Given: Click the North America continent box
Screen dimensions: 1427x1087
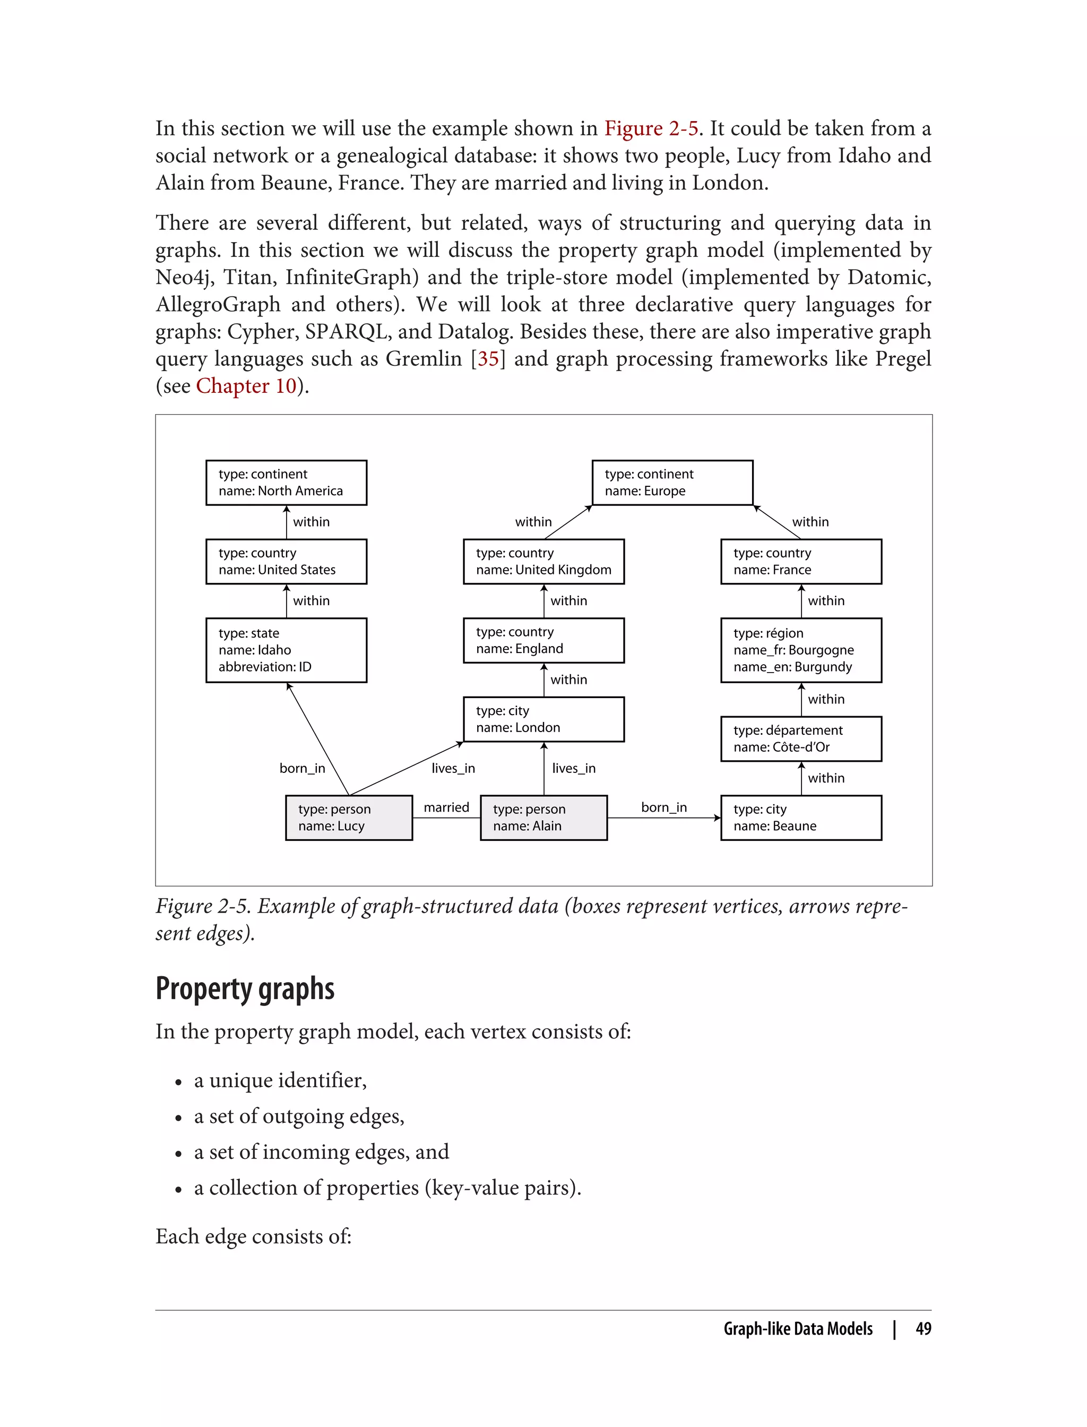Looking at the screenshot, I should point(286,483).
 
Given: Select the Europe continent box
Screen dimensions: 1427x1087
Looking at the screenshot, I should point(672,483).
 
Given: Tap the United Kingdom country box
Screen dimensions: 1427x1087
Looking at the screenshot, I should point(543,561).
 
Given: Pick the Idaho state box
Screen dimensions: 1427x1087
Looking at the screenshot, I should point(286,650).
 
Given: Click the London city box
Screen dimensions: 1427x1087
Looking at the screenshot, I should point(543,719).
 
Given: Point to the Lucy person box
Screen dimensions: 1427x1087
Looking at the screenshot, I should point(349,818).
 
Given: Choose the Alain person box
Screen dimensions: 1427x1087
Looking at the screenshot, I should point(543,818).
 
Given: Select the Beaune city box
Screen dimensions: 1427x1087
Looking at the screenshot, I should point(801,818).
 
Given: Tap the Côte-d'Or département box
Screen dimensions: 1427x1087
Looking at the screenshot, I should point(801,738).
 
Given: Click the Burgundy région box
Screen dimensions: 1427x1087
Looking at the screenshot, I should point(801,650).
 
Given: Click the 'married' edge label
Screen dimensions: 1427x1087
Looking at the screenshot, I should point(446,807).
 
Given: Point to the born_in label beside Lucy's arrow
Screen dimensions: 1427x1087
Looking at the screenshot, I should point(302,768).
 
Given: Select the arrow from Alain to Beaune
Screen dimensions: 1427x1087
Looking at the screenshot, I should point(663,818).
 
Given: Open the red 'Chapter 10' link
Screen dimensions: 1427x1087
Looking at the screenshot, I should point(246,386).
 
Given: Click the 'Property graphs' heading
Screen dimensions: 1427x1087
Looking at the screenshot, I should point(245,988).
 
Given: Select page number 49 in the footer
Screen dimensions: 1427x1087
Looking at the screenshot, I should point(924,1329).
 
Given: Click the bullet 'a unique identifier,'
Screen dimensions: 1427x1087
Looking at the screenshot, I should point(280,1080).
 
